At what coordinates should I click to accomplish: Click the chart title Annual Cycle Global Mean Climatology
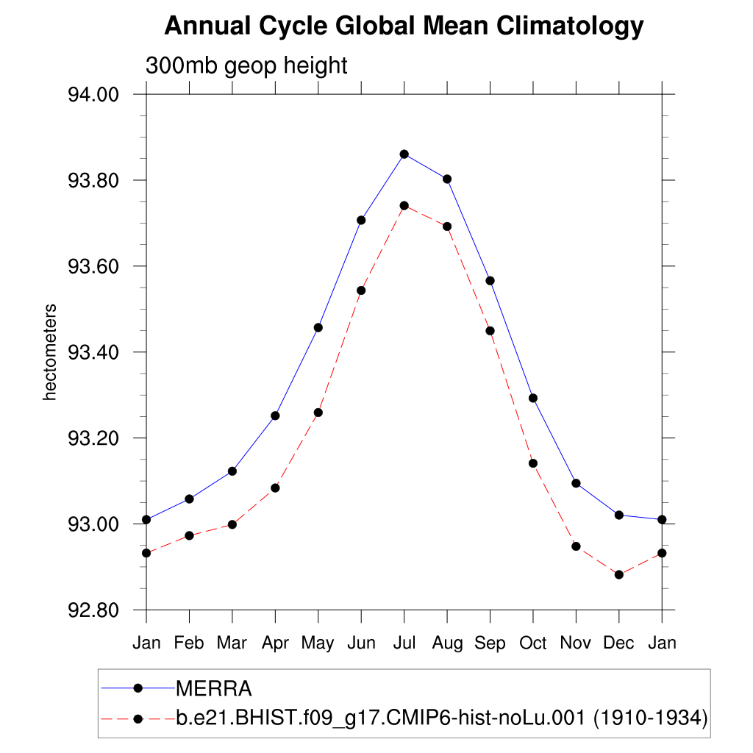(404, 26)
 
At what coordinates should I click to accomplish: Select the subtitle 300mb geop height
(246, 65)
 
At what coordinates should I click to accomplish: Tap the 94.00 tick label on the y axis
(93, 95)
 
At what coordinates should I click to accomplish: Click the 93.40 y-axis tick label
(93, 352)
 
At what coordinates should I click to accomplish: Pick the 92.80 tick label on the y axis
(93, 610)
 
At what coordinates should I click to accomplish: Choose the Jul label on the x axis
(404, 643)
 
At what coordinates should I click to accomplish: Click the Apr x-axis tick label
(275, 643)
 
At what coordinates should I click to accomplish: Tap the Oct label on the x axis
(533, 643)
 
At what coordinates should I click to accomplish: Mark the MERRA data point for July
(404, 154)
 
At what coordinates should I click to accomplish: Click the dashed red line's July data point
(404, 205)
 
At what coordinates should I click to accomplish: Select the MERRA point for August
(447, 179)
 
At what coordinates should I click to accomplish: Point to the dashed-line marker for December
(619, 574)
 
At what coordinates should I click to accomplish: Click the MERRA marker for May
(318, 327)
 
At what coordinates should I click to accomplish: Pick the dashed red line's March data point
(232, 524)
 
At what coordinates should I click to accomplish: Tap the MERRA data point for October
(533, 398)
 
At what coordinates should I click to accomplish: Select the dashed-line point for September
(490, 330)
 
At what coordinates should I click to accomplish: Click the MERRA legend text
(214, 689)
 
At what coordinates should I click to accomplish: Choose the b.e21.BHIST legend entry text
(441, 718)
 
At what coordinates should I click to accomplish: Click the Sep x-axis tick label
(490, 643)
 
